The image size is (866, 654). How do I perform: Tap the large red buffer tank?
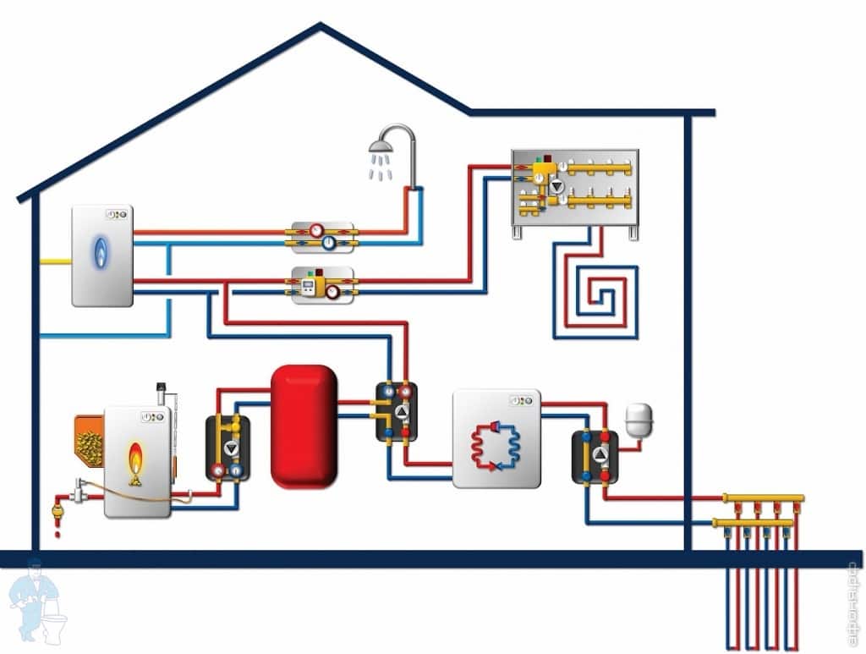[304, 426]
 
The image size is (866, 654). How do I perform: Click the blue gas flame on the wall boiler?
[101, 250]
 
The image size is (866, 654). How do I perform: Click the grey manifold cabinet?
[574, 187]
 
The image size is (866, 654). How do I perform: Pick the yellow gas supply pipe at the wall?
[55, 261]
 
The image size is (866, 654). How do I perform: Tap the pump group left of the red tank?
[227, 448]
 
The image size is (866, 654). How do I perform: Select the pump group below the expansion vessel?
[595, 457]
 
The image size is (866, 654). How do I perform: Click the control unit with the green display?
[322, 286]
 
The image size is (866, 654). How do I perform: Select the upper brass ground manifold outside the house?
[762, 499]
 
